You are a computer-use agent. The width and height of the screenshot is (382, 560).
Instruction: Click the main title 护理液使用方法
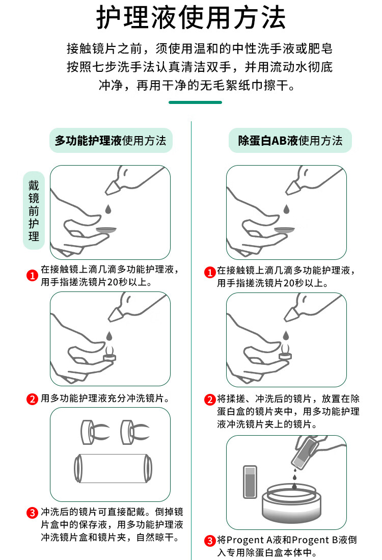coord(191,17)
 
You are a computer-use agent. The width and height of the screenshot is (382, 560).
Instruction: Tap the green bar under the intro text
coord(195,102)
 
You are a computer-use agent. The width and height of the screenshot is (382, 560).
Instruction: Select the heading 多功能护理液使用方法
coord(111,140)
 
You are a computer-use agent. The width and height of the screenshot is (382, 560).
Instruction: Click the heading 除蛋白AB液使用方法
coord(290,140)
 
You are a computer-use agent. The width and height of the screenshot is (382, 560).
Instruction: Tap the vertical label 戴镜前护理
coord(34,211)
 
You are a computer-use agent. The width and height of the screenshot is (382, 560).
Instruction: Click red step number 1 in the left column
coord(32,275)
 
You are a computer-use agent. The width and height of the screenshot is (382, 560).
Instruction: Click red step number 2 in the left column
coord(32,398)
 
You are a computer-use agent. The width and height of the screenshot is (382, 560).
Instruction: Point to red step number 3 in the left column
coord(32,513)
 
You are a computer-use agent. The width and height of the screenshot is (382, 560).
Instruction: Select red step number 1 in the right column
coord(209,273)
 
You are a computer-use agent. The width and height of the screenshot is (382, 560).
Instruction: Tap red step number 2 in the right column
coord(209,399)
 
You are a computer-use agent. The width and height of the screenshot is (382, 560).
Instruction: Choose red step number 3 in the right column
coord(209,540)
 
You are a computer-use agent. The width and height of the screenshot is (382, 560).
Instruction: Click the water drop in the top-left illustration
coord(108,209)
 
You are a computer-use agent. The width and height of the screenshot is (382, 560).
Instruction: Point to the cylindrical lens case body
coord(113,468)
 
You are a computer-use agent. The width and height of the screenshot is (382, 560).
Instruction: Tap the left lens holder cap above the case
coord(94,432)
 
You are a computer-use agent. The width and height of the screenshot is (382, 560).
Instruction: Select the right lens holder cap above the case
coord(134,432)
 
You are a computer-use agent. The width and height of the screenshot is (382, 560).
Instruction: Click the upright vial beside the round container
coord(250,482)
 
